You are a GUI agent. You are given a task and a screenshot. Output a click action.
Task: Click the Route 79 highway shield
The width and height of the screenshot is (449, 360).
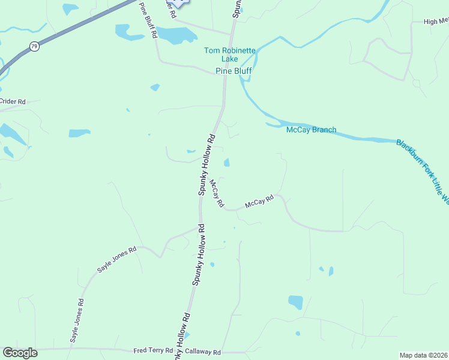[35, 46]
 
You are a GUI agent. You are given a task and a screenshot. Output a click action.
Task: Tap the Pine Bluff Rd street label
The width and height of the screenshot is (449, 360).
[148, 20]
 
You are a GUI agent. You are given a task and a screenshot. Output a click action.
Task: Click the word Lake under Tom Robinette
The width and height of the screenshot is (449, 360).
[229, 59]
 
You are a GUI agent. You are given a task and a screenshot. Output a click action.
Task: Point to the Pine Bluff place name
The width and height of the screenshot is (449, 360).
[234, 71]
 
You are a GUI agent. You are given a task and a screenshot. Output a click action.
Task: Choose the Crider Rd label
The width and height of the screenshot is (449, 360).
[13, 102]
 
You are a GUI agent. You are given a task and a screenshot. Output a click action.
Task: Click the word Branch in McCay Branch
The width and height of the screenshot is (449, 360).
[324, 130]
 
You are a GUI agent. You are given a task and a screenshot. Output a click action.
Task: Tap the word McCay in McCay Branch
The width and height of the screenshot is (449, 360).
[298, 130]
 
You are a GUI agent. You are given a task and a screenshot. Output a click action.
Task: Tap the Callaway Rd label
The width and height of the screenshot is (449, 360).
[203, 352]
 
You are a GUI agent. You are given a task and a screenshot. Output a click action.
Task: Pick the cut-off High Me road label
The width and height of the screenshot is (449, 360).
[436, 22]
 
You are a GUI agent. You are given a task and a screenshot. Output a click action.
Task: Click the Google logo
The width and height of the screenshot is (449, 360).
[20, 353]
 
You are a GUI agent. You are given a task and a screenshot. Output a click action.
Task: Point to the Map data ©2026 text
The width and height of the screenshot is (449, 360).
[423, 355]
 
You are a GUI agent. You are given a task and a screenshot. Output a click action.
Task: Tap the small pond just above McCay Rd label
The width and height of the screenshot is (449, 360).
[226, 163]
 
